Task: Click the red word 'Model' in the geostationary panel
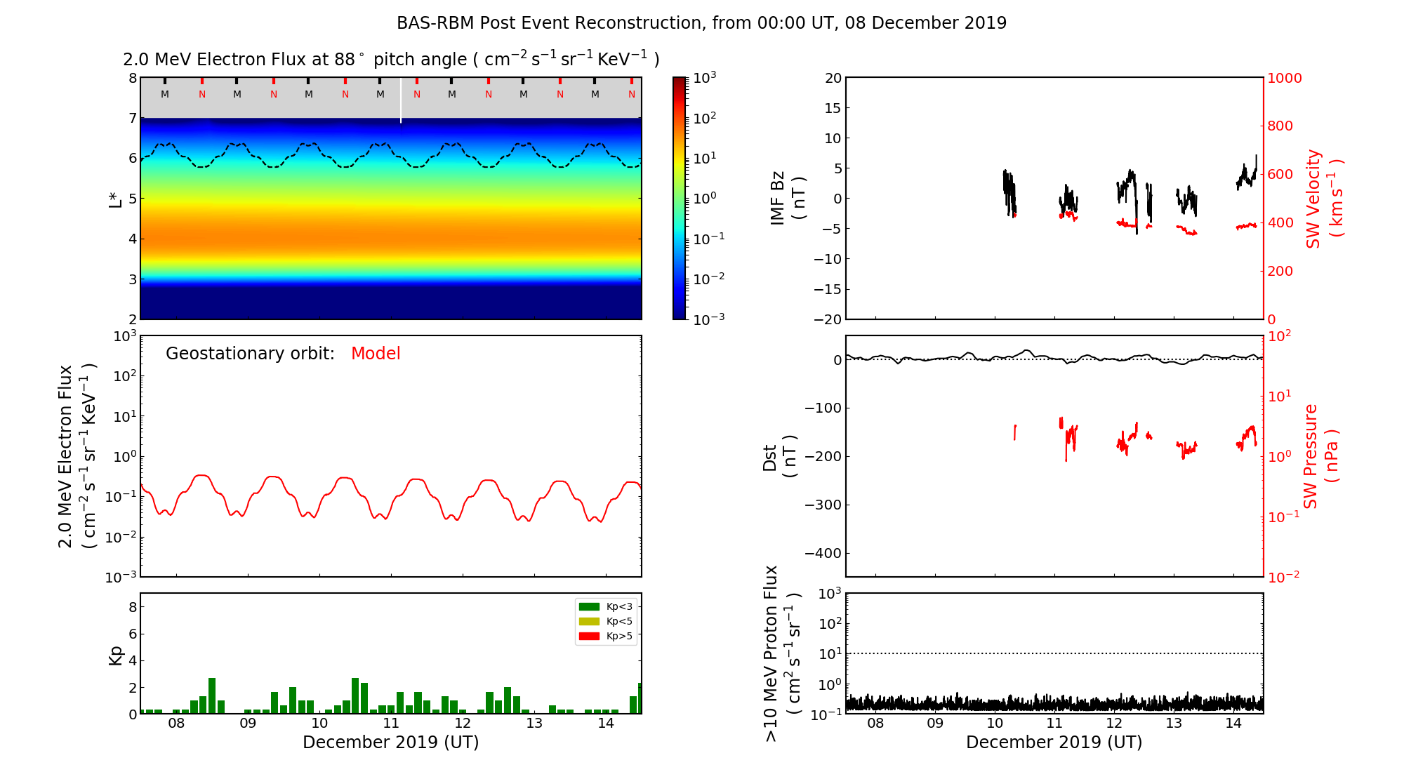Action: click(376, 354)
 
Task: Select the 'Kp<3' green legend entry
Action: click(606, 606)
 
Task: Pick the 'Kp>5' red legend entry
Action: click(606, 637)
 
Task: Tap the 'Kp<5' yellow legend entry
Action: click(606, 621)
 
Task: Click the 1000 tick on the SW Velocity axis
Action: click(1284, 78)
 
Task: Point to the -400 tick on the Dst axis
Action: click(823, 553)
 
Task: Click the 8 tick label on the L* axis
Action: click(133, 78)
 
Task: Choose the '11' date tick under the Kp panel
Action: click(391, 724)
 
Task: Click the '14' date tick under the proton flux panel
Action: click(1233, 724)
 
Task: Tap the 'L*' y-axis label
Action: click(115, 199)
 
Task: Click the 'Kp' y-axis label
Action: click(116, 655)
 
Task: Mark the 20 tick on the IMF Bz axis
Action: click(833, 78)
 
